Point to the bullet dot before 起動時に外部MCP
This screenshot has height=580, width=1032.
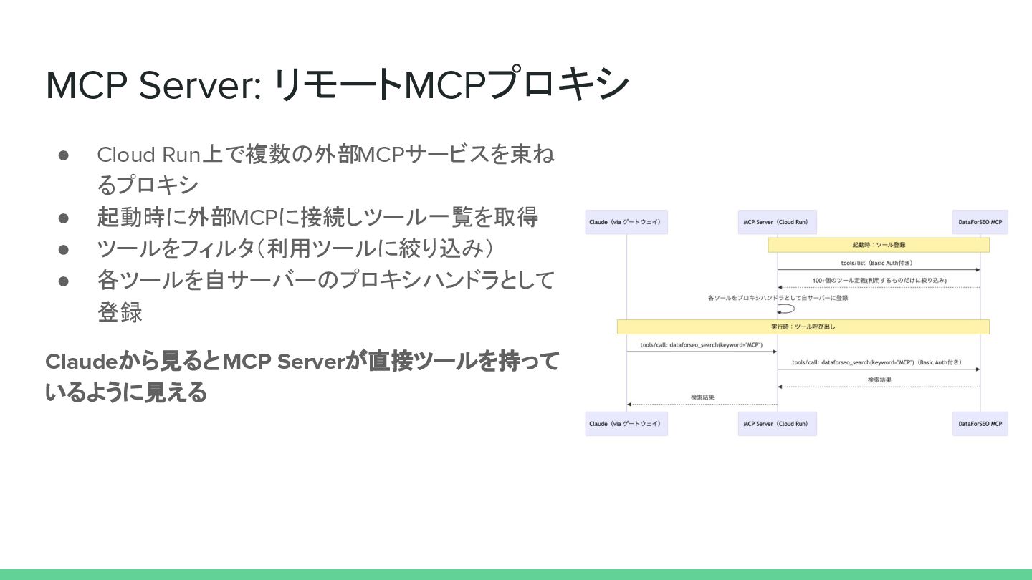pyautogui.click(x=63, y=217)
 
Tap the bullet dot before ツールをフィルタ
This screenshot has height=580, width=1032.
pyautogui.click(x=63, y=248)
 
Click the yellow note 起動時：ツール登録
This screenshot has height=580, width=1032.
pyautogui.click(x=879, y=245)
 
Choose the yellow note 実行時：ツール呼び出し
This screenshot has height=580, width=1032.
pyautogui.click(x=803, y=327)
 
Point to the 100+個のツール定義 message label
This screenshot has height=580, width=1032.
pyautogui.click(x=879, y=280)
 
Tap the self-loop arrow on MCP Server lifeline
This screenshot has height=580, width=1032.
pyautogui.click(x=788, y=309)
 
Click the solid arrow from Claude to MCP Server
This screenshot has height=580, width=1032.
pyautogui.click(x=702, y=352)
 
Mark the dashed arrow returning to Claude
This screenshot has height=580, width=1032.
pyautogui.click(x=702, y=405)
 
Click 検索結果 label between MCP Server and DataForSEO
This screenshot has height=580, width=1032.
pyautogui.click(x=879, y=380)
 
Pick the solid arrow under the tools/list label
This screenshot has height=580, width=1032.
pyautogui.click(x=879, y=270)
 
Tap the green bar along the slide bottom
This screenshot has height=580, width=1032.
pyautogui.click(x=516, y=574)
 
